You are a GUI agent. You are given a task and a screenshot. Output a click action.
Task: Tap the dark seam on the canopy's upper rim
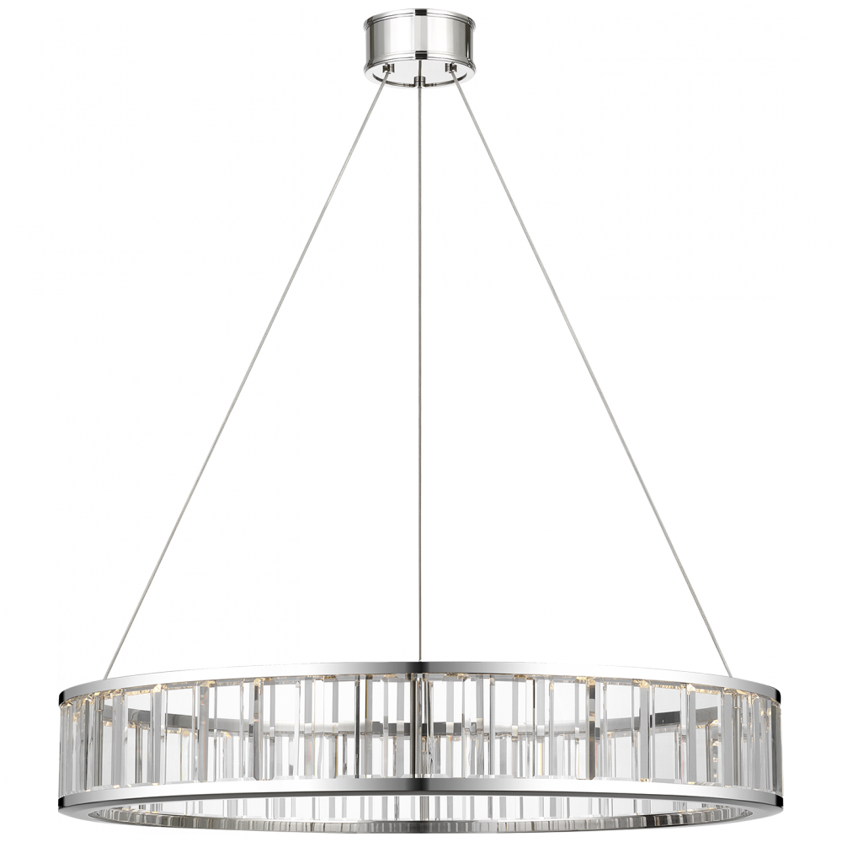coord(418,15)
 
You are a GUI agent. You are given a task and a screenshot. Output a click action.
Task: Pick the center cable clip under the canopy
coord(419,79)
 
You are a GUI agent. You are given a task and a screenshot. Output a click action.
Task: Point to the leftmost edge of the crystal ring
coord(61,733)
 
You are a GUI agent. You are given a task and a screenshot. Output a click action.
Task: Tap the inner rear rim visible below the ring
coord(421,815)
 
